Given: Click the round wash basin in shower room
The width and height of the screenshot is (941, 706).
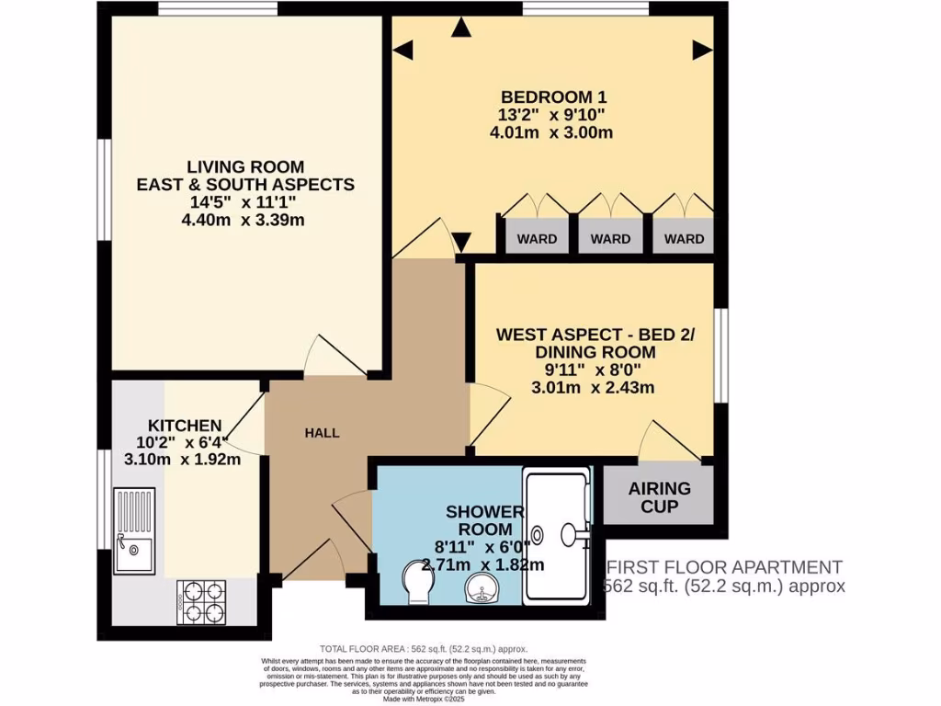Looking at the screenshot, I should click(479, 586).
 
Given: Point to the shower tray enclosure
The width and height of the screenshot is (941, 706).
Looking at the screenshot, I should click(557, 535).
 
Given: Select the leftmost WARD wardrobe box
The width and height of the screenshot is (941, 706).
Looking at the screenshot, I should click(537, 238).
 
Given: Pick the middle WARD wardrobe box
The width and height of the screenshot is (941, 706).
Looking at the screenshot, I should click(610, 238).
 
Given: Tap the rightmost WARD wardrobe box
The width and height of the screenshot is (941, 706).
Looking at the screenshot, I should click(684, 238).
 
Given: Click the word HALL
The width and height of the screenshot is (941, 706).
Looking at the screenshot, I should click(322, 432).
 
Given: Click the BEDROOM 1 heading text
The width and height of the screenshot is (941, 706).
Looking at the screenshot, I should click(553, 97).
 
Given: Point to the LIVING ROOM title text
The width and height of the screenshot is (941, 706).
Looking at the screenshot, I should click(245, 166).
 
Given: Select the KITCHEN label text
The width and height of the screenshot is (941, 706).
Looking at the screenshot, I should click(185, 425).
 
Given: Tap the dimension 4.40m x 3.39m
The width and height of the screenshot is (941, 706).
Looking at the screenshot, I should click(245, 220).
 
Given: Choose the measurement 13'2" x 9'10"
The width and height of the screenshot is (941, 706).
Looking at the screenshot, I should click(553, 115).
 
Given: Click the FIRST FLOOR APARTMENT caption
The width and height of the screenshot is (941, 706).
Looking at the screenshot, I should click(722, 567).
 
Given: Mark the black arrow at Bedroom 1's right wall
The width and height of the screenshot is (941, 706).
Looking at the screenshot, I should click(704, 47).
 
